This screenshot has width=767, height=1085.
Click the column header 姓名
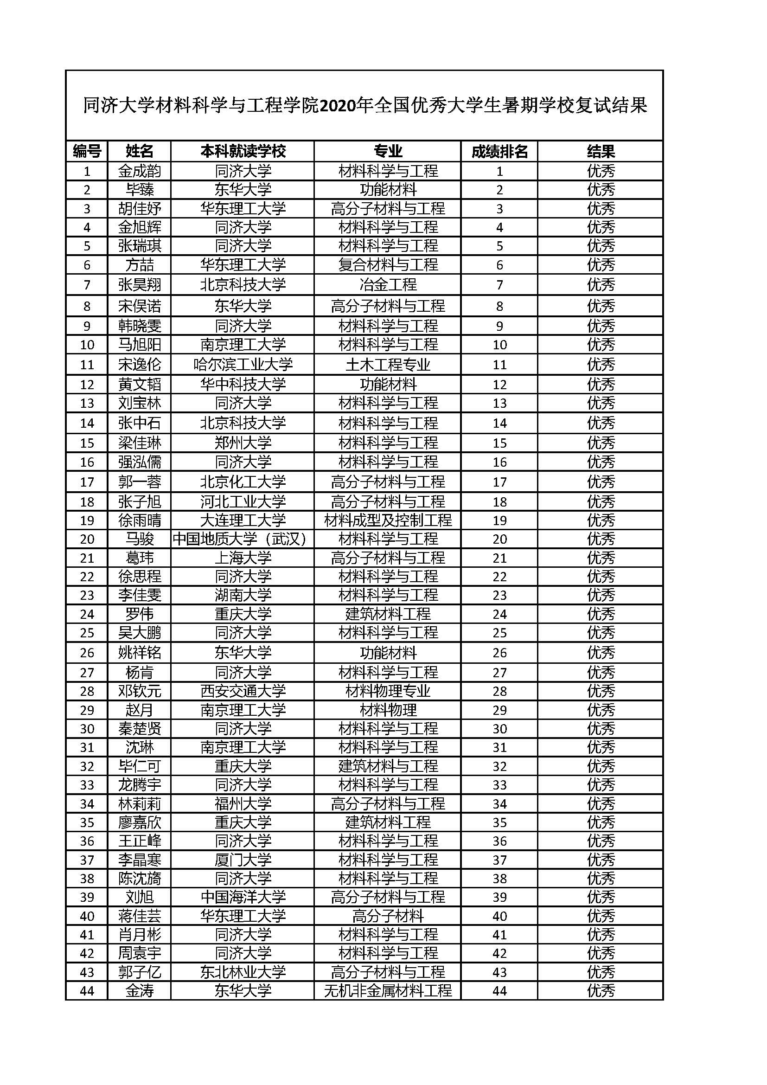point(139,151)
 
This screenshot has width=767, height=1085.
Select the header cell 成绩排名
point(499,151)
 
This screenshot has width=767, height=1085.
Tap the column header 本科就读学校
point(243,151)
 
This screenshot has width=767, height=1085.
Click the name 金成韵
point(139,171)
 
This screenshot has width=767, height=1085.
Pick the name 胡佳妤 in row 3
point(139,208)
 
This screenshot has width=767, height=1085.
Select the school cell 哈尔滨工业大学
point(243,364)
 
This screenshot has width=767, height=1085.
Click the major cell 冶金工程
point(388,284)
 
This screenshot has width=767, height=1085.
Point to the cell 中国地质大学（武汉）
point(243,539)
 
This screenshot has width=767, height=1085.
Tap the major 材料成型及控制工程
point(388,520)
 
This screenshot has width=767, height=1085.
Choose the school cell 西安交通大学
point(243,691)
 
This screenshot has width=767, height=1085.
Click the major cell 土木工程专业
point(388,364)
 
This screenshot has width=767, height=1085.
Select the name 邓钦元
point(139,691)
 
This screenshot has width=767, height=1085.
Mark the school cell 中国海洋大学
point(243,897)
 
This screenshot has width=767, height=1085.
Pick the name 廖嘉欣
point(139,822)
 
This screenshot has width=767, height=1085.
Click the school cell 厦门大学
point(243,860)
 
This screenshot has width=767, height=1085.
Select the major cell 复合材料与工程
point(388,264)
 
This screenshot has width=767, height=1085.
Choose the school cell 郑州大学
point(243,443)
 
